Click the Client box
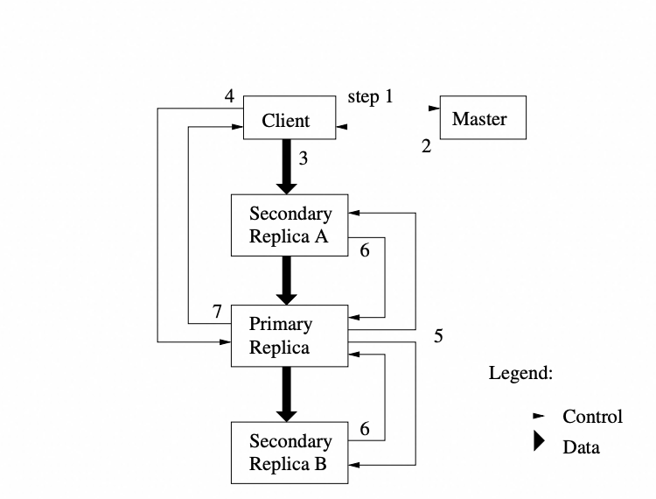[x=286, y=117]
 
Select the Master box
[x=482, y=117]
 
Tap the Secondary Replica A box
[x=290, y=225]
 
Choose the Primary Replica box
[x=288, y=336]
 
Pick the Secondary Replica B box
[x=290, y=452]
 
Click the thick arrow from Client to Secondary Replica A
[x=287, y=166]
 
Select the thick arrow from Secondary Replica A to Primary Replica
[x=287, y=280]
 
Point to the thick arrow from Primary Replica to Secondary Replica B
[x=287, y=394]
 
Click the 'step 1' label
[x=370, y=96]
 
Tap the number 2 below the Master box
[x=426, y=146]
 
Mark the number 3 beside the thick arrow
[x=303, y=158]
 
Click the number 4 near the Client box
[x=229, y=96]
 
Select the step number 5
[x=438, y=337]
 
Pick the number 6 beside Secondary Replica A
[x=364, y=250]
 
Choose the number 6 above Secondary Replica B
[x=364, y=429]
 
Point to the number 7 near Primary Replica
[x=217, y=311]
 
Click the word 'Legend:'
[x=520, y=373]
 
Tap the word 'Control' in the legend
[x=592, y=416]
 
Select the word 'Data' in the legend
[x=581, y=446]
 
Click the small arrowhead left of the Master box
[x=433, y=109]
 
